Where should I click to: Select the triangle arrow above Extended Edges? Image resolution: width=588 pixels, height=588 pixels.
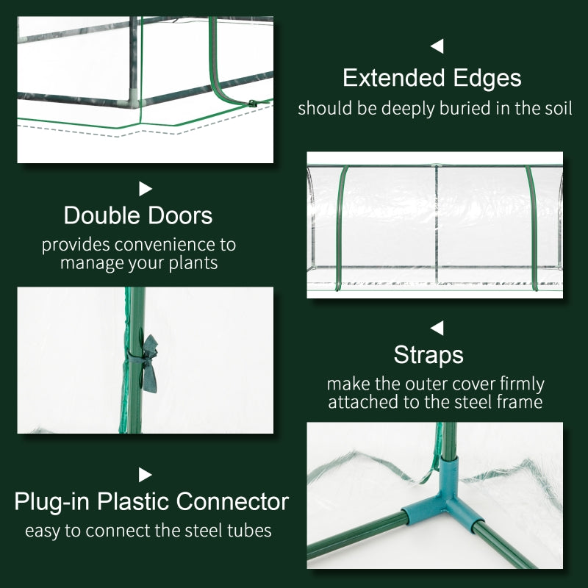(x=437, y=47)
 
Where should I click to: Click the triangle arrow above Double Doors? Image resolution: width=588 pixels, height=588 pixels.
(x=146, y=189)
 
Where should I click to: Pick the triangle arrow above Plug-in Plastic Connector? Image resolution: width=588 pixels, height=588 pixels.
(x=146, y=475)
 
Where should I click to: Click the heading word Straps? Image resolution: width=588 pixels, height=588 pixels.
(x=429, y=355)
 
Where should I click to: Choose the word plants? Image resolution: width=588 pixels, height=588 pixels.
(x=193, y=262)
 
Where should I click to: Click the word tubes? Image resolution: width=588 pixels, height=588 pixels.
(x=250, y=530)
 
